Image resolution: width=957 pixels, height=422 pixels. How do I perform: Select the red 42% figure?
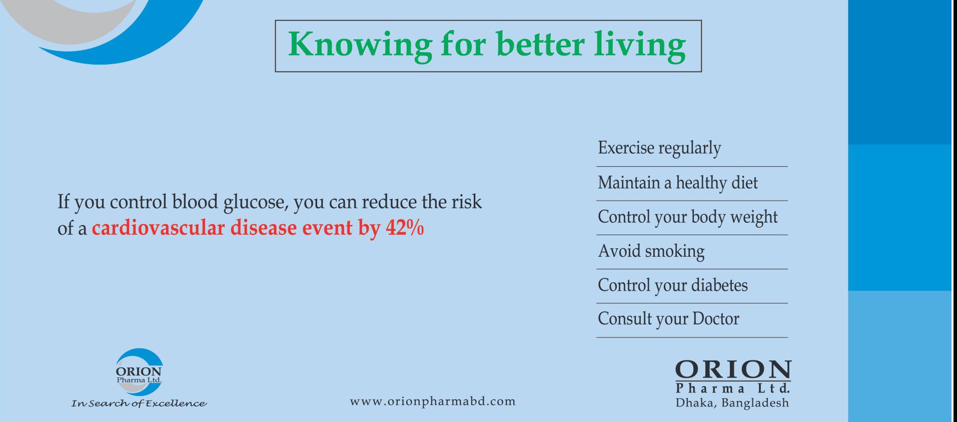(405, 228)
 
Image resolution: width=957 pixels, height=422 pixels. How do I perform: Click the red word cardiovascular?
(159, 228)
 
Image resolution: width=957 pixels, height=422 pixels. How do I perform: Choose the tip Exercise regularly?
(659, 149)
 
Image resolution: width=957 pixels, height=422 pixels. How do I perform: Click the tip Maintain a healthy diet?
(678, 183)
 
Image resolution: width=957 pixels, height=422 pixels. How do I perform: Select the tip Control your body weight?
(688, 217)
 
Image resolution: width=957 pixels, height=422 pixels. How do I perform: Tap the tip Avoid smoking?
(651, 251)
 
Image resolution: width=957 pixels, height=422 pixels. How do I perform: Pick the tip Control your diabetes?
(673, 285)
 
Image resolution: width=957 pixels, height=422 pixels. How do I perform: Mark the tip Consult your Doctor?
(668, 319)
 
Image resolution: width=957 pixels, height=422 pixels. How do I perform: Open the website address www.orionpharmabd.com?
(433, 401)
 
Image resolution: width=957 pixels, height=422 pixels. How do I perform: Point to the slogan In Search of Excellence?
(139, 403)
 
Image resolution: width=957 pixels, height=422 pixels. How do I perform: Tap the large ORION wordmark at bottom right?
(733, 370)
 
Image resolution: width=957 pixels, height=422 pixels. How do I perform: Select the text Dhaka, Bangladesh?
(732, 403)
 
